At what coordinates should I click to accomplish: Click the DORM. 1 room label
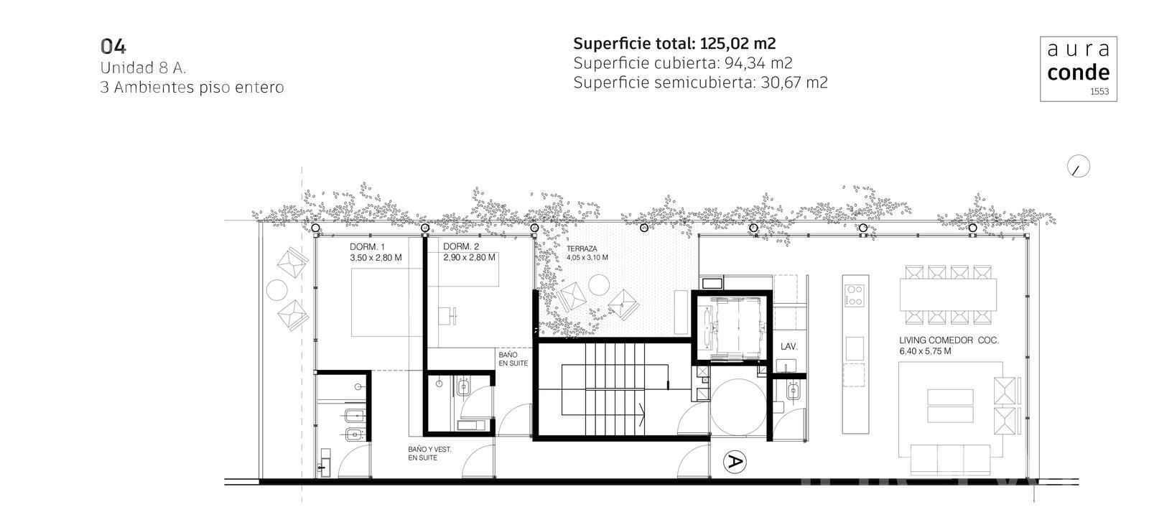click(x=367, y=247)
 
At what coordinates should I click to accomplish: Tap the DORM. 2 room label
click(x=460, y=246)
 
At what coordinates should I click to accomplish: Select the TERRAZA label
click(x=582, y=248)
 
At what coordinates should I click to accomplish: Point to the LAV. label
click(x=789, y=347)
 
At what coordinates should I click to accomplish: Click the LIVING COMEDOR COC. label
click(x=949, y=340)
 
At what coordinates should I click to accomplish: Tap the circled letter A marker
click(x=735, y=462)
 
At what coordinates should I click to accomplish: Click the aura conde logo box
click(x=1078, y=69)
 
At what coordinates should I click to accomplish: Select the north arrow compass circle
click(x=1078, y=166)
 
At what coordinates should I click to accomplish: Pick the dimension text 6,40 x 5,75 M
click(x=925, y=351)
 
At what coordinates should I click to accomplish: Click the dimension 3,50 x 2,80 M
click(x=376, y=258)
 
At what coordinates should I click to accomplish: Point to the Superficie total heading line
click(x=674, y=44)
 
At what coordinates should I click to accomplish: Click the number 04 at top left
click(x=113, y=47)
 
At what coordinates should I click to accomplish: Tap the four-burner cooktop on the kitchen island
click(x=855, y=296)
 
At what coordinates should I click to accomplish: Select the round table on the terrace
click(x=599, y=285)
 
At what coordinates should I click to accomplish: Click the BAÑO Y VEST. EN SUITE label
click(x=429, y=454)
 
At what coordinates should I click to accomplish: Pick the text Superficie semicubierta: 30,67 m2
click(x=700, y=83)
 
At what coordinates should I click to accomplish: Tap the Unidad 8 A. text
click(x=143, y=68)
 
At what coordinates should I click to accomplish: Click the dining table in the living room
click(x=948, y=294)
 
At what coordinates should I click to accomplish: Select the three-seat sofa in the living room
click(x=950, y=460)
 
